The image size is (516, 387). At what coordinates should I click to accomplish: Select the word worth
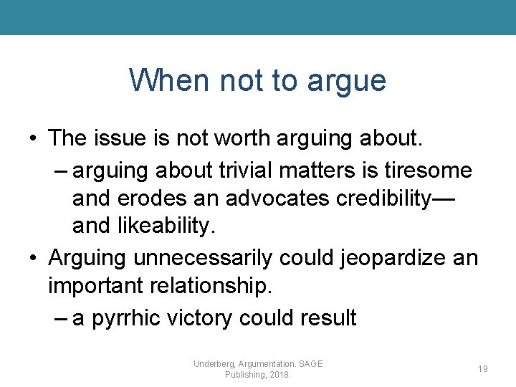(x=242, y=138)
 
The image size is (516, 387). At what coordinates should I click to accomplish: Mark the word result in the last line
(x=328, y=317)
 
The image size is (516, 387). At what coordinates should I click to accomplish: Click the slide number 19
(x=483, y=368)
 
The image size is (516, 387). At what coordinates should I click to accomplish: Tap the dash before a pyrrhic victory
(x=60, y=317)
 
